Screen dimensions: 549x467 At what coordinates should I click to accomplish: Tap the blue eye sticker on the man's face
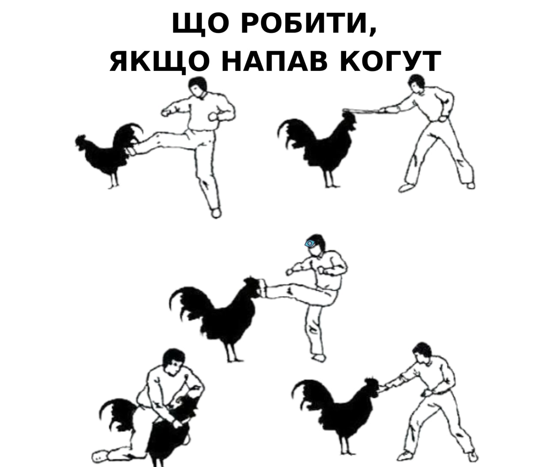(310, 243)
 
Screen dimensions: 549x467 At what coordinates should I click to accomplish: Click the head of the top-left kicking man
(198, 88)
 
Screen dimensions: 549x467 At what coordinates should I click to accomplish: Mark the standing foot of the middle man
(318, 357)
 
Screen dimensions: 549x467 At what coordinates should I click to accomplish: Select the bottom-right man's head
(422, 354)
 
